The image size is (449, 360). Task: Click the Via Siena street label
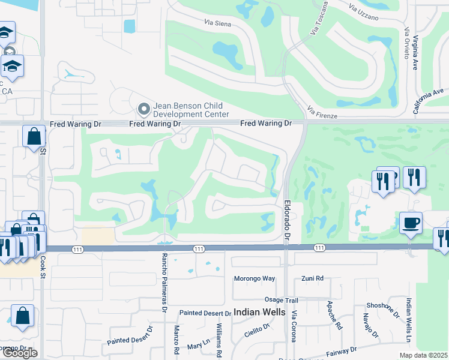point(218,24)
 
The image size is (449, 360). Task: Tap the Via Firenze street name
point(322,112)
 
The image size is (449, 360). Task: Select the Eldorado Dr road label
point(286,220)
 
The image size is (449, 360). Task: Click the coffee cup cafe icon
point(411,223)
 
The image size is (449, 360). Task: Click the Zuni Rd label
point(312,278)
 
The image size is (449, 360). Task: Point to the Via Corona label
point(294,326)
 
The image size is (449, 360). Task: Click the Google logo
point(20,353)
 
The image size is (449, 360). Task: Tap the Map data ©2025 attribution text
point(423,355)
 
